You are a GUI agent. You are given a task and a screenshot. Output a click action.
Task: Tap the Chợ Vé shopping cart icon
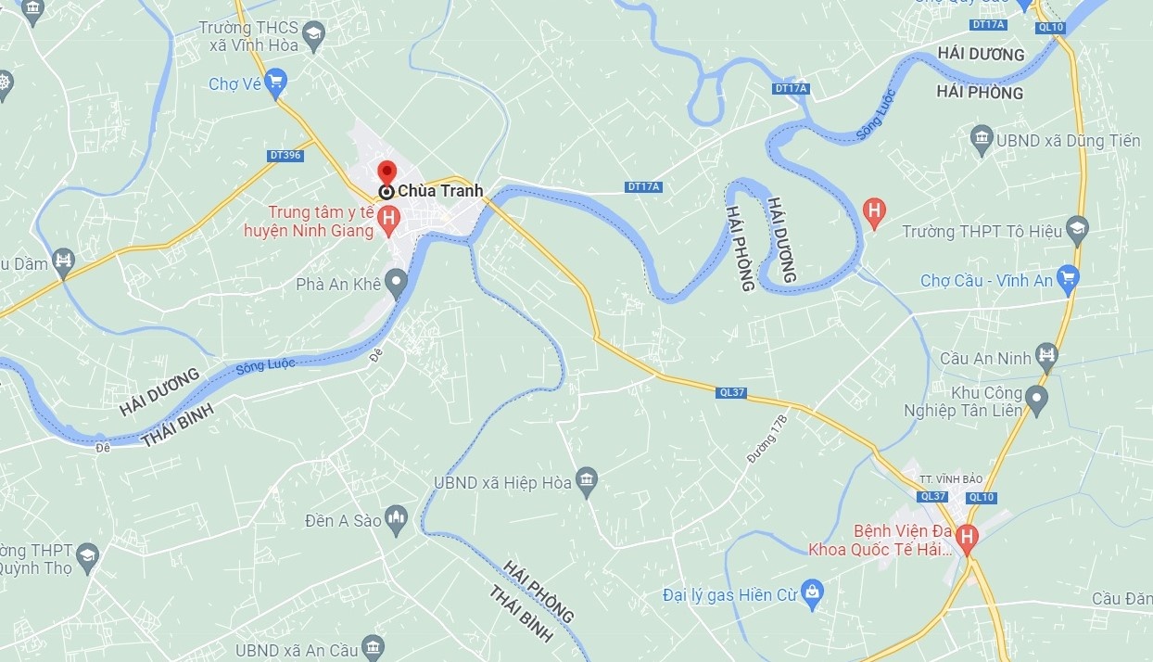(274, 84)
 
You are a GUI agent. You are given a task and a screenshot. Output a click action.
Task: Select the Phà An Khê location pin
(397, 283)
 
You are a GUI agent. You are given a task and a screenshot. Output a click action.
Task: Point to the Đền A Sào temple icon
(397, 520)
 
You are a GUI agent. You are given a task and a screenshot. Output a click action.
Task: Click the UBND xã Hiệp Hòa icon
(587, 482)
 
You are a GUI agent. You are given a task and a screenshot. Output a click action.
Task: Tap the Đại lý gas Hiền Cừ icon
(813, 594)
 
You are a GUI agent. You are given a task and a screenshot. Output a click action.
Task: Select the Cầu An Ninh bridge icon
(1047, 355)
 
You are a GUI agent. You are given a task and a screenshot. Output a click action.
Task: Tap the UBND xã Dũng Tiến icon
(982, 141)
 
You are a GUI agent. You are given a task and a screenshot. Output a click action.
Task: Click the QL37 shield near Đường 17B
(731, 392)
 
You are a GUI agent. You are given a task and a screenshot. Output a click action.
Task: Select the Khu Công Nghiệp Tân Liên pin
(1036, 401)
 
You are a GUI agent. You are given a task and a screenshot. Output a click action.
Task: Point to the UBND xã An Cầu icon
(373, 648)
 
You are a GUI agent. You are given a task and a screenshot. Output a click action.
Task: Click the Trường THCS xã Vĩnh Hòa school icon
(315, 37)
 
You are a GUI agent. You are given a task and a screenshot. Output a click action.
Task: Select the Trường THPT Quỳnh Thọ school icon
(86, 556)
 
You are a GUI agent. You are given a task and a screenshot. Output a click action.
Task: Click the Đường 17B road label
(767, 438)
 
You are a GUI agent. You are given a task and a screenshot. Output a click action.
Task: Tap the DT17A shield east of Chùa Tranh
(643, 187)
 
